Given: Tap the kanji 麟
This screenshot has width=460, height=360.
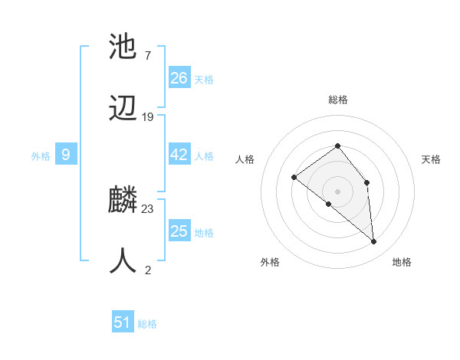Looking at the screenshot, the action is coord(123,201).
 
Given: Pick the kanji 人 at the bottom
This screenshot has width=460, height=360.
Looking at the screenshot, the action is coord(123,260).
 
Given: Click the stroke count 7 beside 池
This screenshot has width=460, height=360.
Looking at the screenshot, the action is coord(147,55).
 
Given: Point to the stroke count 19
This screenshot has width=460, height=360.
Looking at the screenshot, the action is coord(148,117).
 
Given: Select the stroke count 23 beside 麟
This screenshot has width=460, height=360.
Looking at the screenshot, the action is coord(148,208).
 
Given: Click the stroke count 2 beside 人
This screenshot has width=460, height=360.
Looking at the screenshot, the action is coord(148,270).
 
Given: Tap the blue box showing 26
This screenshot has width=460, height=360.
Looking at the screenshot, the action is coord(179,77).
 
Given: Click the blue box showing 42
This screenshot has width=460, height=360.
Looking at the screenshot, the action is coord(179,155).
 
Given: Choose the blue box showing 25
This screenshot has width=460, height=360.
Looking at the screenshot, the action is coord(179,231).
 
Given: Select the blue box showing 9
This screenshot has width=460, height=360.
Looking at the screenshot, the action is coord(66,155).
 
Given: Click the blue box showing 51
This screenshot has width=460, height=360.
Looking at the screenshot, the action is coord(123,322).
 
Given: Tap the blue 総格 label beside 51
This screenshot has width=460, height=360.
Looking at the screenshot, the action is coord(147,324).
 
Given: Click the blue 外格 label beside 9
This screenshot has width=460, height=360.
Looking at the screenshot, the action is coord(41,156).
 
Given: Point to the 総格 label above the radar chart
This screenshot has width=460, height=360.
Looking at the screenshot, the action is coord(337,100).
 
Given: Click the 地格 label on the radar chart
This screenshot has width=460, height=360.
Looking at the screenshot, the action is coord(402,262).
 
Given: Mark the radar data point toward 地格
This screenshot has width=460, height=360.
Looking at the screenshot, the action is coord(374,242).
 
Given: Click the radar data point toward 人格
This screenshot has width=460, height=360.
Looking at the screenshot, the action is coord(294,178).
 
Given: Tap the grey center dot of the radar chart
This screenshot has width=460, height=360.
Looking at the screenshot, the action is coord(337,191).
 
